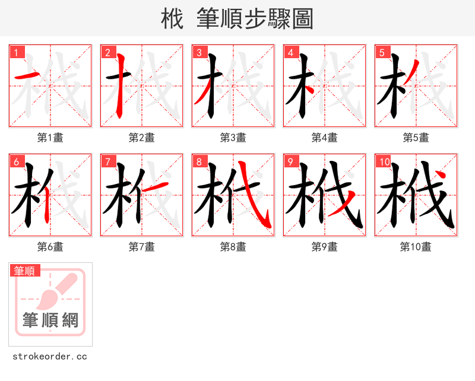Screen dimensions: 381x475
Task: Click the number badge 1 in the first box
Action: tap(16, 52)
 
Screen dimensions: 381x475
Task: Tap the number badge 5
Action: tap(382, 52)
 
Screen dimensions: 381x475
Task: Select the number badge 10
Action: tap(384, 161)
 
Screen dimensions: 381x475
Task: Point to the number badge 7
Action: tap(107, 161)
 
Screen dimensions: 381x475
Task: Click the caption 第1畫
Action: tap(50, 138)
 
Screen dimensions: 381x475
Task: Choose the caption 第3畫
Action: tap(233, 138)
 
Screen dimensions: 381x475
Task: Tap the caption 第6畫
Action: tap(50, 247)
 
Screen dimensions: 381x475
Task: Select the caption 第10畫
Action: tap(416, 247)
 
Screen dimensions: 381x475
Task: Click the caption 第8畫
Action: tap(233, 247)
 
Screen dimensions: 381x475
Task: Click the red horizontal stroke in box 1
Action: tap(27, 76)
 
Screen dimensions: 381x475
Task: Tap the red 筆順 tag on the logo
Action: tap(25, 271)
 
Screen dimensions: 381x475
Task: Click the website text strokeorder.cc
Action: tap(50, 357)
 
